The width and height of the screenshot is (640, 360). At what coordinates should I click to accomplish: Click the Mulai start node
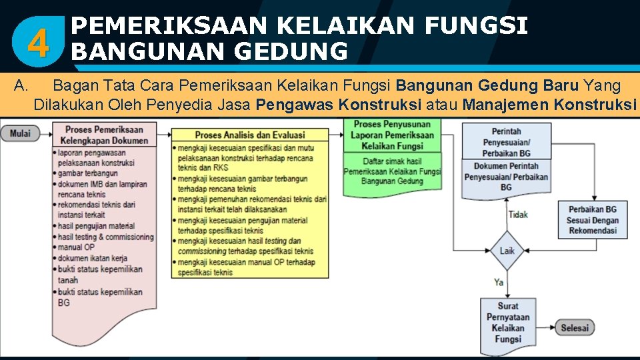pyautogui.click(x=20, y=133)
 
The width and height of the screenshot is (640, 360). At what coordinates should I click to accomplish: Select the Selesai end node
pyautogui.click(x=574, y=327)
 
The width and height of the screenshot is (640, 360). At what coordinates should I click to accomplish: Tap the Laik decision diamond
pyautogui.click(x=507, y=251)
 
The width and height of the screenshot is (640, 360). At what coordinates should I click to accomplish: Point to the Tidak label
pyautogui.click(x=518, y=215)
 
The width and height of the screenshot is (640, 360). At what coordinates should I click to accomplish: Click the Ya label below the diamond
pyautogui.click(x=499, y=282)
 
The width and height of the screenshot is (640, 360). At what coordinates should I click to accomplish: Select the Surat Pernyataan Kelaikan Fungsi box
pyautogui.click(x=508, y=322)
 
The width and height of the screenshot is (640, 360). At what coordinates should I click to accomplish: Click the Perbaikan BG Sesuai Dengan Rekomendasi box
pyautogui.click(x=592, y=219)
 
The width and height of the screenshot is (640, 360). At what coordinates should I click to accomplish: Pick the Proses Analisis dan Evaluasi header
pyautogui.click(x=249, y=135)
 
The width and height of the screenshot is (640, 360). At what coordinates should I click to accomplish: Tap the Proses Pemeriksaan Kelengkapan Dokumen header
pyautogui.click(x=104, y=135)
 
